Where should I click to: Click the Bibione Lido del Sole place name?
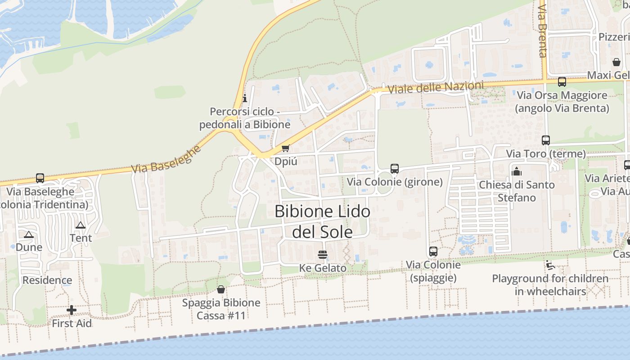point(322,221)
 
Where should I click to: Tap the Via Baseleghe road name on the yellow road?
point(166,159)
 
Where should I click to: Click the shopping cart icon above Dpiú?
point(285,148)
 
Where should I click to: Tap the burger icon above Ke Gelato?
point(322,255)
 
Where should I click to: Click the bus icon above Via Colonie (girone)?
point(395,169)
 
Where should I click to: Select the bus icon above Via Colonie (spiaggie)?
point(433,252)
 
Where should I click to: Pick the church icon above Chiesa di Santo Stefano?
point(517,171)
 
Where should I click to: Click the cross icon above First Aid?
point(72,310)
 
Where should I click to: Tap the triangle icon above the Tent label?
point(81,225)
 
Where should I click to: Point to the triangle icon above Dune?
point(29,234)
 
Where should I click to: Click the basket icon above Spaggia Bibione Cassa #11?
point(221,289)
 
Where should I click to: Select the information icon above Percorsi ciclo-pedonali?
point(245,98)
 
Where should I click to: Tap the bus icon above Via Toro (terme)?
point(546,140)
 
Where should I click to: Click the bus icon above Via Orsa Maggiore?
point(562,82)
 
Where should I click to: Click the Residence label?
point(47,280)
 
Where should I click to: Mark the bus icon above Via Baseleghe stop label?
point(40,178)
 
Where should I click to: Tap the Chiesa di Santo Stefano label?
point(517,191)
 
